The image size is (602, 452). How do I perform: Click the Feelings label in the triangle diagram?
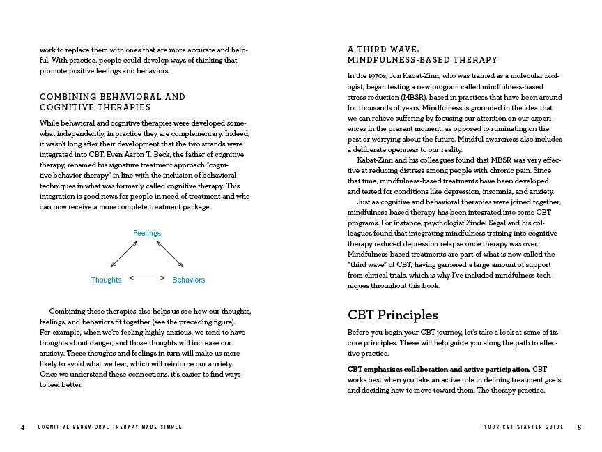pos(147,233)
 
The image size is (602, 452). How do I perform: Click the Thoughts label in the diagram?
pos(106,280)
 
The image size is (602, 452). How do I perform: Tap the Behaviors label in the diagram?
pos(188,280)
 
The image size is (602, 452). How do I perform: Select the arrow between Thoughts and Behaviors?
pos(146,278)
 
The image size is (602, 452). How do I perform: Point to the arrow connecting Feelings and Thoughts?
pos(124,254)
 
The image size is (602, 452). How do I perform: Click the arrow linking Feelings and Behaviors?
pos(170,254)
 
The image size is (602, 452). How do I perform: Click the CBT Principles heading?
pos(392,315)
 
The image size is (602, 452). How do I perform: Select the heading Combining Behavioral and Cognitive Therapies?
pos(113,102)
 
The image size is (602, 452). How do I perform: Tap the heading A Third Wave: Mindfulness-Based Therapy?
pos(422,54)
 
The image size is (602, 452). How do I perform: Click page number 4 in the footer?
pos(23,427)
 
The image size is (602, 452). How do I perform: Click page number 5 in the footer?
pos(579,427)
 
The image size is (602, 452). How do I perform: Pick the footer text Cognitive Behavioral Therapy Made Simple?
pos(110,427)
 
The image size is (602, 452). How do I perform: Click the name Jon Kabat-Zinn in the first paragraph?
pos(420,75)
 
